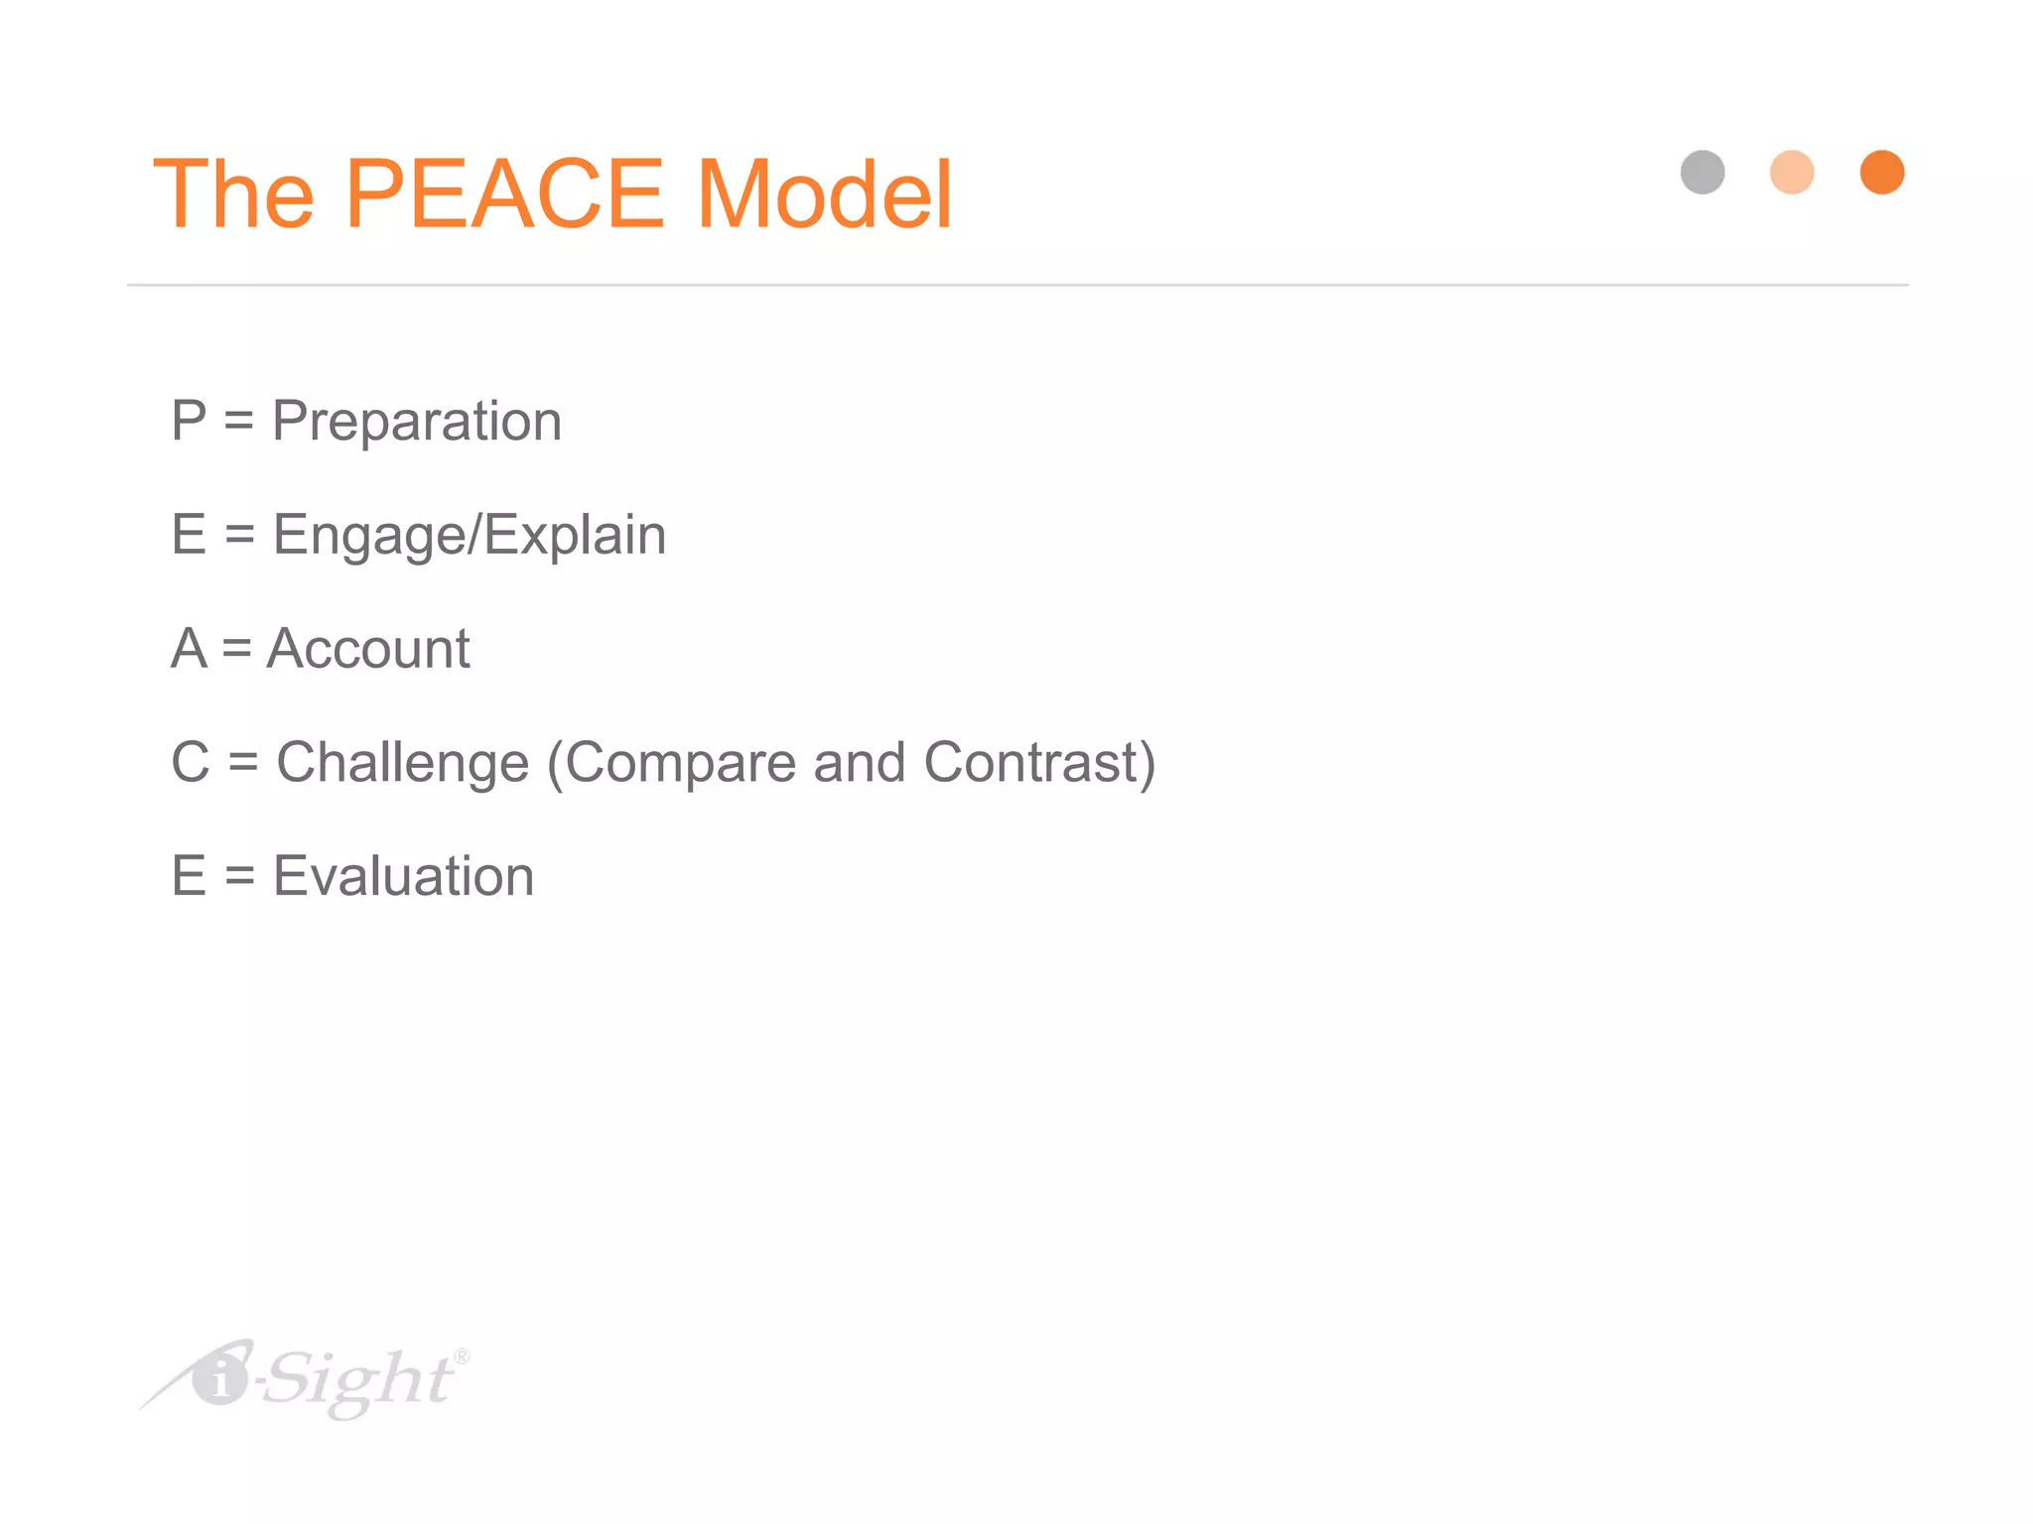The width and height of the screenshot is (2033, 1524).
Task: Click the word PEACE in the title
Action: (504, 194)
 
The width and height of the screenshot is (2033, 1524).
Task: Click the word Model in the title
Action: (824, 194)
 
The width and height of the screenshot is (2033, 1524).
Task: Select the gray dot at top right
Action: (1702, 173)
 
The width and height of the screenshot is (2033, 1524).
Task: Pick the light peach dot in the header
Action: (1792, 173)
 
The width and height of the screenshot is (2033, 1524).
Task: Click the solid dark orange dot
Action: (1882, 173)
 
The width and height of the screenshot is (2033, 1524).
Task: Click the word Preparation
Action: (417, 422)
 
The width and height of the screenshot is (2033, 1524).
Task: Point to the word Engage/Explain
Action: (470, 536)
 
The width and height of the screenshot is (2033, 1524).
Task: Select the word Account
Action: (368, 650)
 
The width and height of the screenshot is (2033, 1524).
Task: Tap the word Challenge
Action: (403, 764)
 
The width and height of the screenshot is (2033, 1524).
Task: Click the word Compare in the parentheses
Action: (679, 764)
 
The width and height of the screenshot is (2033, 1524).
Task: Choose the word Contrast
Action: (1037, 764)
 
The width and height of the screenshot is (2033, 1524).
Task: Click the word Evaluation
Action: (404, 877)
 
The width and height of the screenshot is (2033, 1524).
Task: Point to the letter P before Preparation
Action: (189, 421)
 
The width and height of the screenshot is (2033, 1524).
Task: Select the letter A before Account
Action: (190, 650)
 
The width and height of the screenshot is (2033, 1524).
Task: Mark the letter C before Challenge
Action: (191, 763)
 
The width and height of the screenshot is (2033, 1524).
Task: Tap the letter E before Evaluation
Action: (189, 877)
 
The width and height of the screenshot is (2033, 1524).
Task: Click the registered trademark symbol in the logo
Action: (462, 1356)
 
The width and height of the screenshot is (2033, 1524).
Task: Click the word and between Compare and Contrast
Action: (860, 763)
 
